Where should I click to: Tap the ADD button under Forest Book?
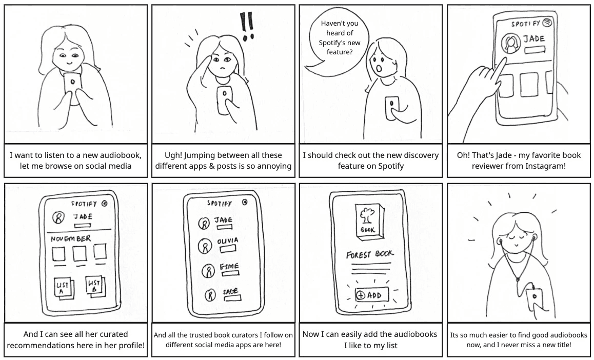tap(371, 295)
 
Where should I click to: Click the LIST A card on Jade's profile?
tap(64, 288)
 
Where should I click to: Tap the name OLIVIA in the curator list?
tap(227, 241)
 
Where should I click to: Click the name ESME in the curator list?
tap(229, 267)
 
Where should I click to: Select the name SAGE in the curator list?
tap(230, 291)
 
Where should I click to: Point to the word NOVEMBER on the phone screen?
tap(71, 238)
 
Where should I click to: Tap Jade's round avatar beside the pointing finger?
tap(511, 43)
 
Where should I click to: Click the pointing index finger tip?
tap(505, 59)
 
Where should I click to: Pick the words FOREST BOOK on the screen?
tap(370, 254)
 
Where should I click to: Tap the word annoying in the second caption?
tap(273, 166)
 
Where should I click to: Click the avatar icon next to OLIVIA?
tap(205, 247)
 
